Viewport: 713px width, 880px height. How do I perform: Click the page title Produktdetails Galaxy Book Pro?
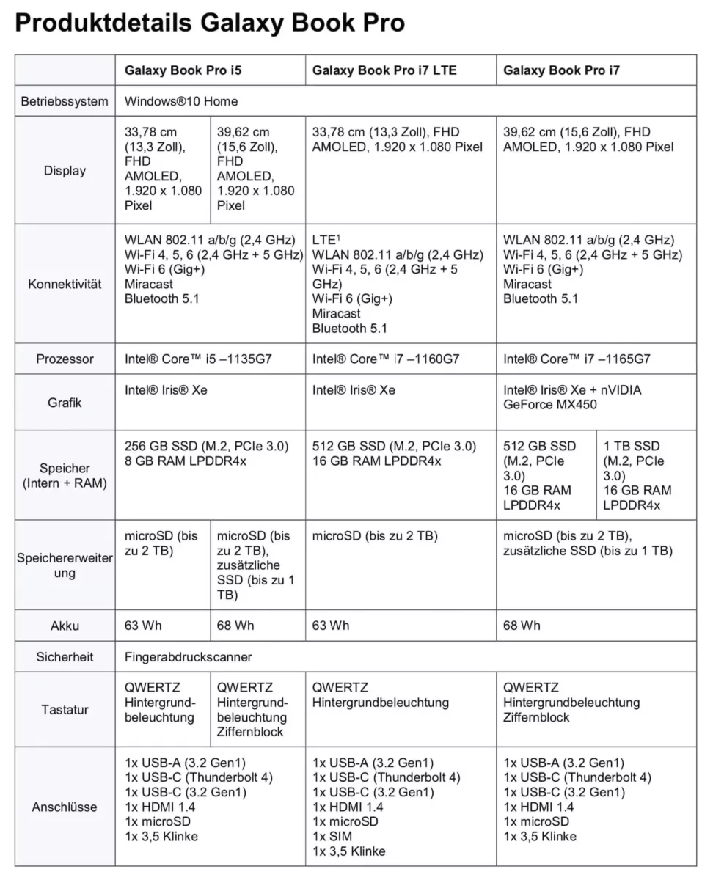pos(210,23)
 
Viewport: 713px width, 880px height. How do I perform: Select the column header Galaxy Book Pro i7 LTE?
pos(384,70)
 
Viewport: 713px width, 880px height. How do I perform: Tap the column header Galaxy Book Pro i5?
pos(183,70)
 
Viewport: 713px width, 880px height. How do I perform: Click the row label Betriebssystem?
pos(65,101)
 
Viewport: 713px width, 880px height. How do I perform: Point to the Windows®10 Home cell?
pos(181,101)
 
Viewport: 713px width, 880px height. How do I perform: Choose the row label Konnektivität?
pos(65,284)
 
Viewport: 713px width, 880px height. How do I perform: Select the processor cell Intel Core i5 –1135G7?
pos(198,359)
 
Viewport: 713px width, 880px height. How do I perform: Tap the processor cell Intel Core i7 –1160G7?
pos(386,359)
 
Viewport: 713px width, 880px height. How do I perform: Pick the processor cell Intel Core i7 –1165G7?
pos(577,359)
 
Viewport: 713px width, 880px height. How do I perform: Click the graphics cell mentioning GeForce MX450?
pos(572,397)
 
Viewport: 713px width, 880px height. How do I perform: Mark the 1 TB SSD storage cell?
pos(637,475)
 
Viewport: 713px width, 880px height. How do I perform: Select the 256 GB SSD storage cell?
pos(207,453)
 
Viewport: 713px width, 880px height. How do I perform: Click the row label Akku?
pos(65,626)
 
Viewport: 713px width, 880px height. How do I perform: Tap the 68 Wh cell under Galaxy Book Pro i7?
pos(522,626)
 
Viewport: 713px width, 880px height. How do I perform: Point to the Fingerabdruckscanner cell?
pos(189,657)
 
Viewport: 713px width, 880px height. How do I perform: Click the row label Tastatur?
pos(65,710)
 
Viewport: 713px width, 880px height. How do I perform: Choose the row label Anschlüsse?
pos(65,807)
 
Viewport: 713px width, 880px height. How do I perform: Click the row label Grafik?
pos(65,403)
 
